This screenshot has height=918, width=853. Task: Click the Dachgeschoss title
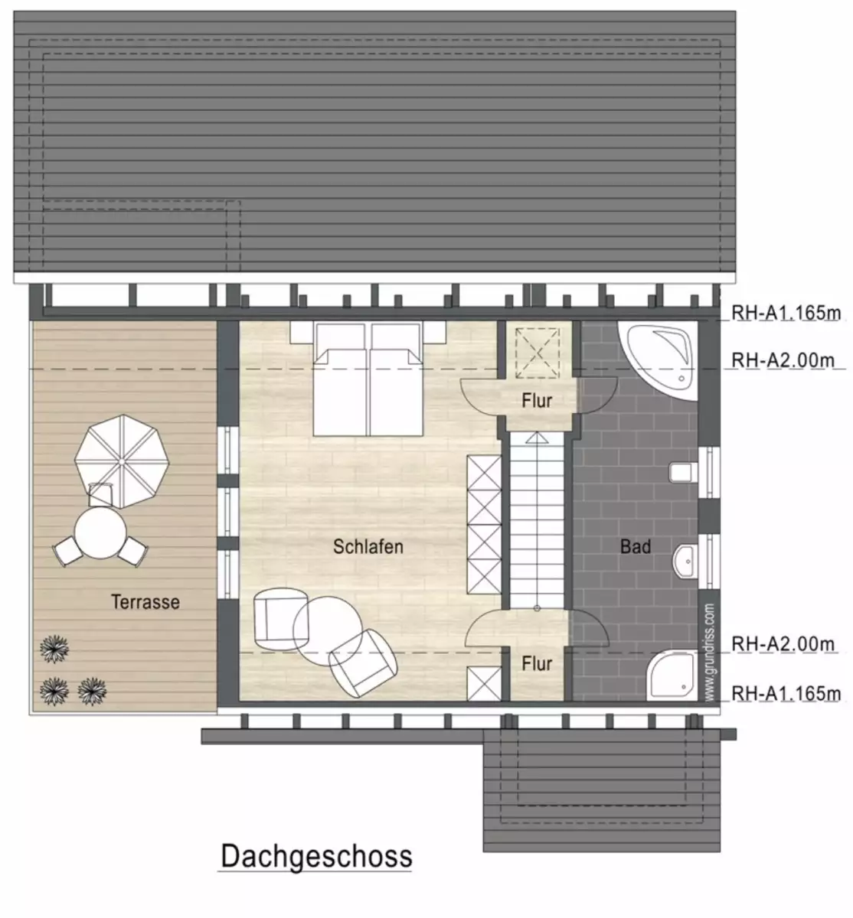tap(316, 856)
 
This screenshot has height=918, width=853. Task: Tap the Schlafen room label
tap(368, 547)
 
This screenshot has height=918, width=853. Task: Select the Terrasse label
tap(145, 602)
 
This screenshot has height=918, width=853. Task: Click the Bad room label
tap(636, 547)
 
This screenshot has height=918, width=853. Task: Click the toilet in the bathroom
tap(683, 473)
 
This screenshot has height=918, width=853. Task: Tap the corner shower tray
tap(672, 675)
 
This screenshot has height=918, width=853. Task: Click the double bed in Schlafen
tap(368, 379)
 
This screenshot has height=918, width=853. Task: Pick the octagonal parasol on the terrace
tap(122, 461)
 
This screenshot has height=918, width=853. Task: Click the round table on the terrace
tap(100, 532)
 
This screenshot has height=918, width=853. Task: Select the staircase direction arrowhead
tap(537, 438)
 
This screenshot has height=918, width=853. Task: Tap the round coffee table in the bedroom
tap(328, 631)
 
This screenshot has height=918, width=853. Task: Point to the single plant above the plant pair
tap(54, 649)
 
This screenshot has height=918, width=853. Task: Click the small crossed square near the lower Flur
tap(484, 684)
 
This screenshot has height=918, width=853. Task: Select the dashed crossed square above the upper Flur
tap(537, 353)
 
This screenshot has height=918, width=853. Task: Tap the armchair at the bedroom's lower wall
tap(363, 663)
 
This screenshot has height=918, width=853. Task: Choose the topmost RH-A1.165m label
tap(786, 313)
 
